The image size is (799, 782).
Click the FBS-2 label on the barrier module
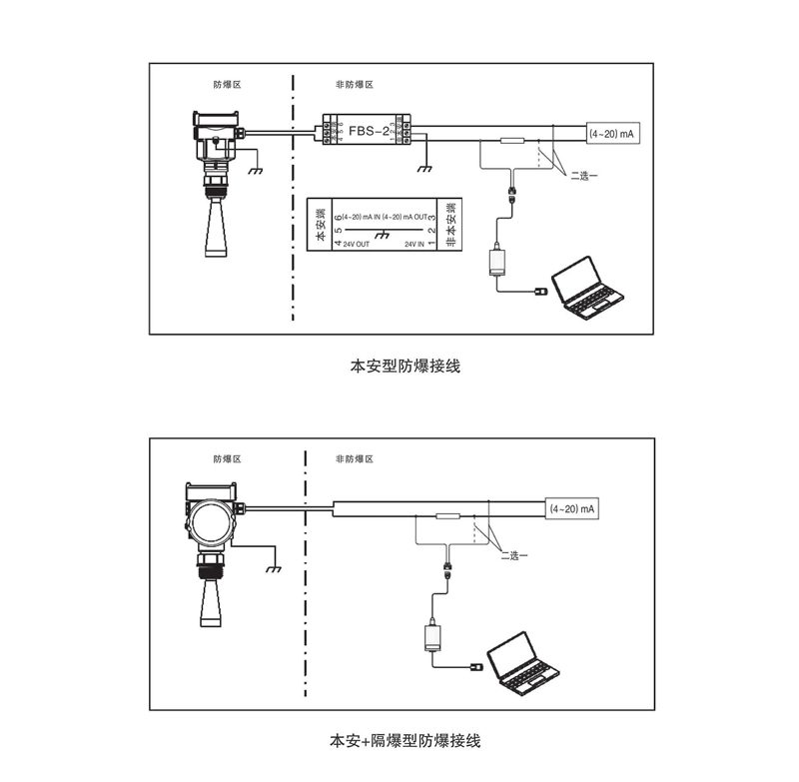[x=367, y=131]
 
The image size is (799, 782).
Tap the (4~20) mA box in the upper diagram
[x=611, y=134]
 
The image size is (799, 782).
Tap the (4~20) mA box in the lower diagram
[x=573, y=509]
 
